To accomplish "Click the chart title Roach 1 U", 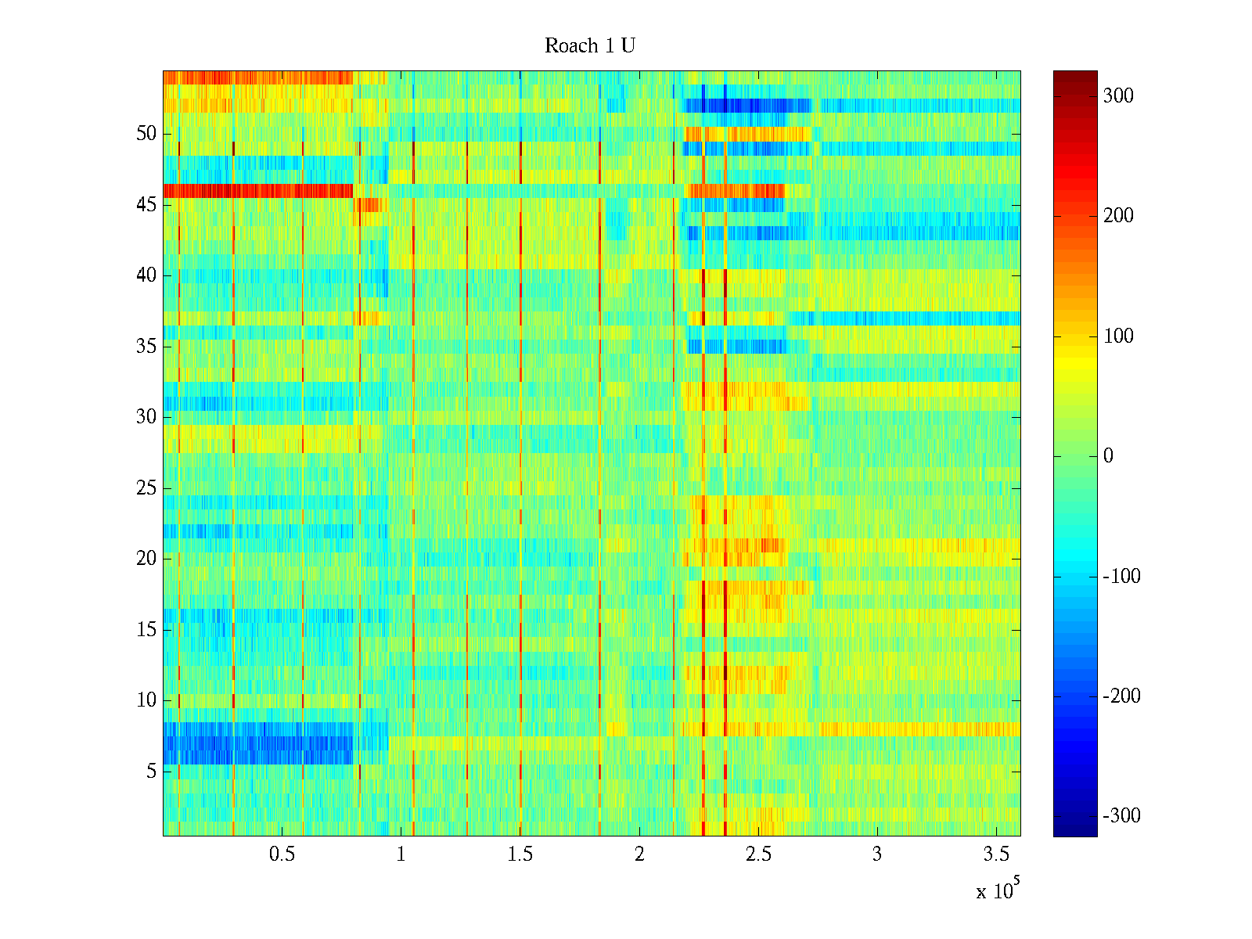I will click(x=589, y=46).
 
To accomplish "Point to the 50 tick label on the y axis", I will click(x=146, y=134).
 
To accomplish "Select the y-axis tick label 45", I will click(x=146, y=205).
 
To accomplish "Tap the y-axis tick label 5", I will click(x=151, y=772).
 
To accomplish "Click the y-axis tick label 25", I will click(x=146, y=488).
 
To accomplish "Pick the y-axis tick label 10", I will click(x=146, y=700).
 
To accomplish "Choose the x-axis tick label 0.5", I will click(x=282, y=854).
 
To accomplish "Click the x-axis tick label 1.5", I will click(x=520, y=854).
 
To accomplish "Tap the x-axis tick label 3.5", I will click(x=996, y=854).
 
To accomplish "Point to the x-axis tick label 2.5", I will click(x=758, y=854).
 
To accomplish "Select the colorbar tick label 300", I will click(x=1118, y=96).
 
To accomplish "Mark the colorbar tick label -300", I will click(x=1121, y=816).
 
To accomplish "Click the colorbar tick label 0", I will click(x=1108, y=456).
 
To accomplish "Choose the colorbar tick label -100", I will click(x=1121, y=577).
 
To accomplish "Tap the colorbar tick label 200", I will click(x=1118, y=216).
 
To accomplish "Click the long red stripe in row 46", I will click(x=258, y=191).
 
